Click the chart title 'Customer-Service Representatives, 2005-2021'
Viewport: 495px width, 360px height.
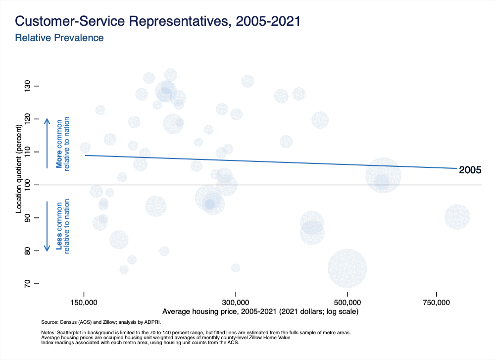(157, 21)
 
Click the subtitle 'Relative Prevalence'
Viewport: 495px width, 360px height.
(59, 38)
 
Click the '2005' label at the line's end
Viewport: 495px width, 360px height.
(470, 170)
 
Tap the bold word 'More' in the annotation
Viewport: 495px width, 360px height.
(59, 160)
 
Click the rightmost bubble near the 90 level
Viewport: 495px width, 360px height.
(457, 216)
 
